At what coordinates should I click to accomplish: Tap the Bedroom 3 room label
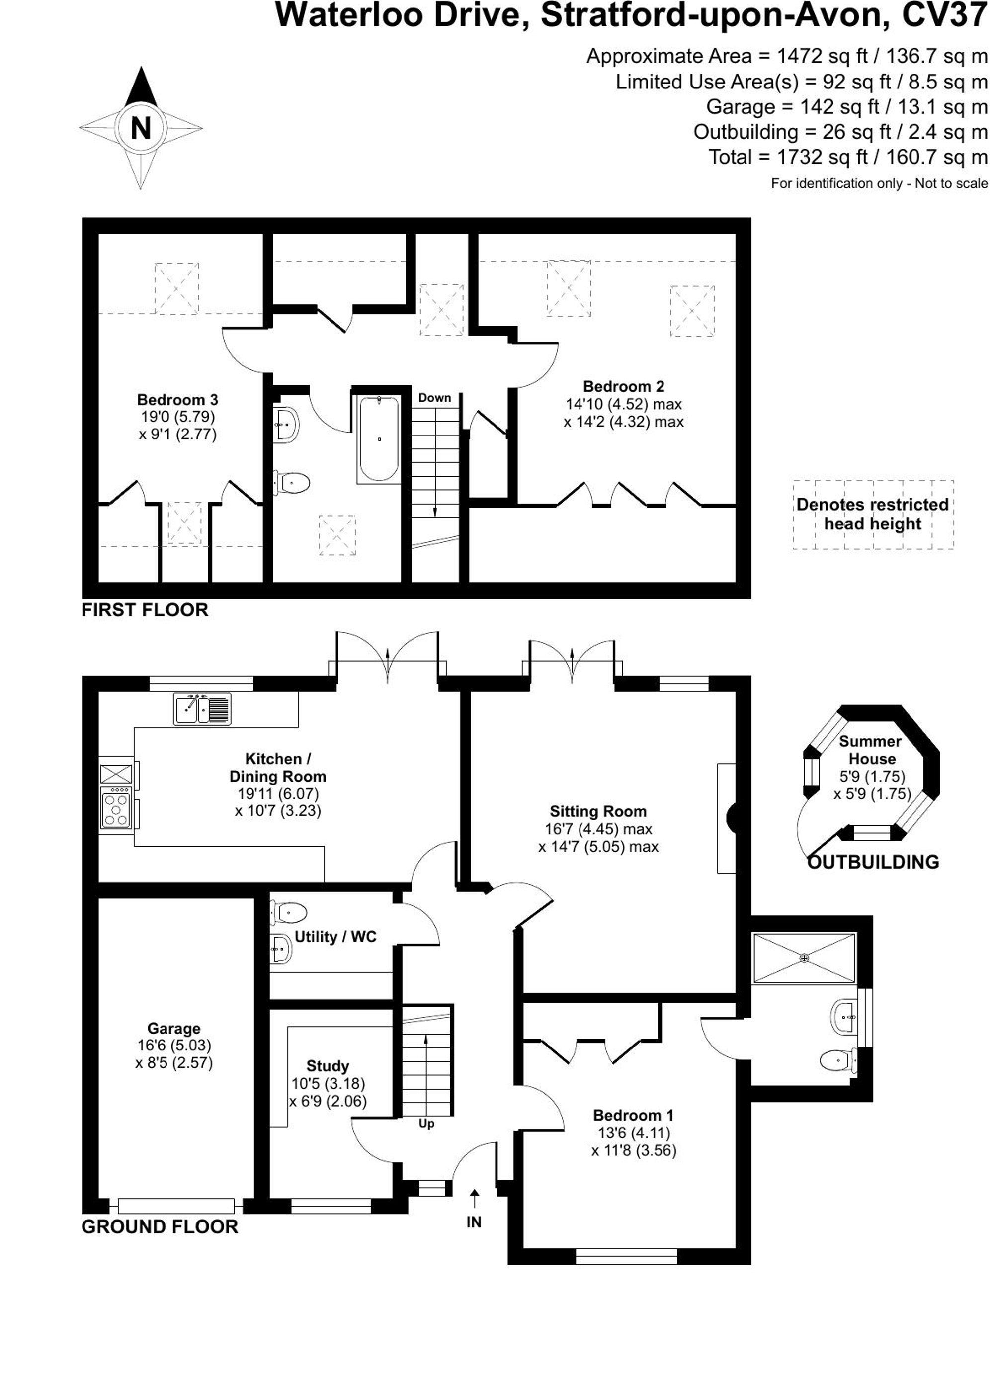click(177, 400)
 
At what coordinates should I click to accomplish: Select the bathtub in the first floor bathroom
click(379, 439)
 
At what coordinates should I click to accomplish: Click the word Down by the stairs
click(434, 398)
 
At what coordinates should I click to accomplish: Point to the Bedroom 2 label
click(623, 386)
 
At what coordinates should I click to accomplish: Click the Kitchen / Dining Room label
click(277, 767)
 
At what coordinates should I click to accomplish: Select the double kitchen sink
click(202, 709)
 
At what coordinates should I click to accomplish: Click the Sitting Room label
click(598, 811)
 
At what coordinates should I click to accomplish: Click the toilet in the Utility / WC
click(288, 912)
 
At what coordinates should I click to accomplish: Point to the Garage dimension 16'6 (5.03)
click(174, 1045)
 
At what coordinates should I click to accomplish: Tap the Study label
click(328, 1065)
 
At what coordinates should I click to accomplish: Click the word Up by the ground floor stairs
click(426, 1124)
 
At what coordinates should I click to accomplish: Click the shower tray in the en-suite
click(804, 958)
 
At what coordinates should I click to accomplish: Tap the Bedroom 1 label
click(634, 1115)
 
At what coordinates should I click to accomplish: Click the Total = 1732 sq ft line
click(848, 158)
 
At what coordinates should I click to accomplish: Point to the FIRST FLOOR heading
click(145, 610)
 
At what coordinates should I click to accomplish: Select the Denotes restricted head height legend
click(872, 515)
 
